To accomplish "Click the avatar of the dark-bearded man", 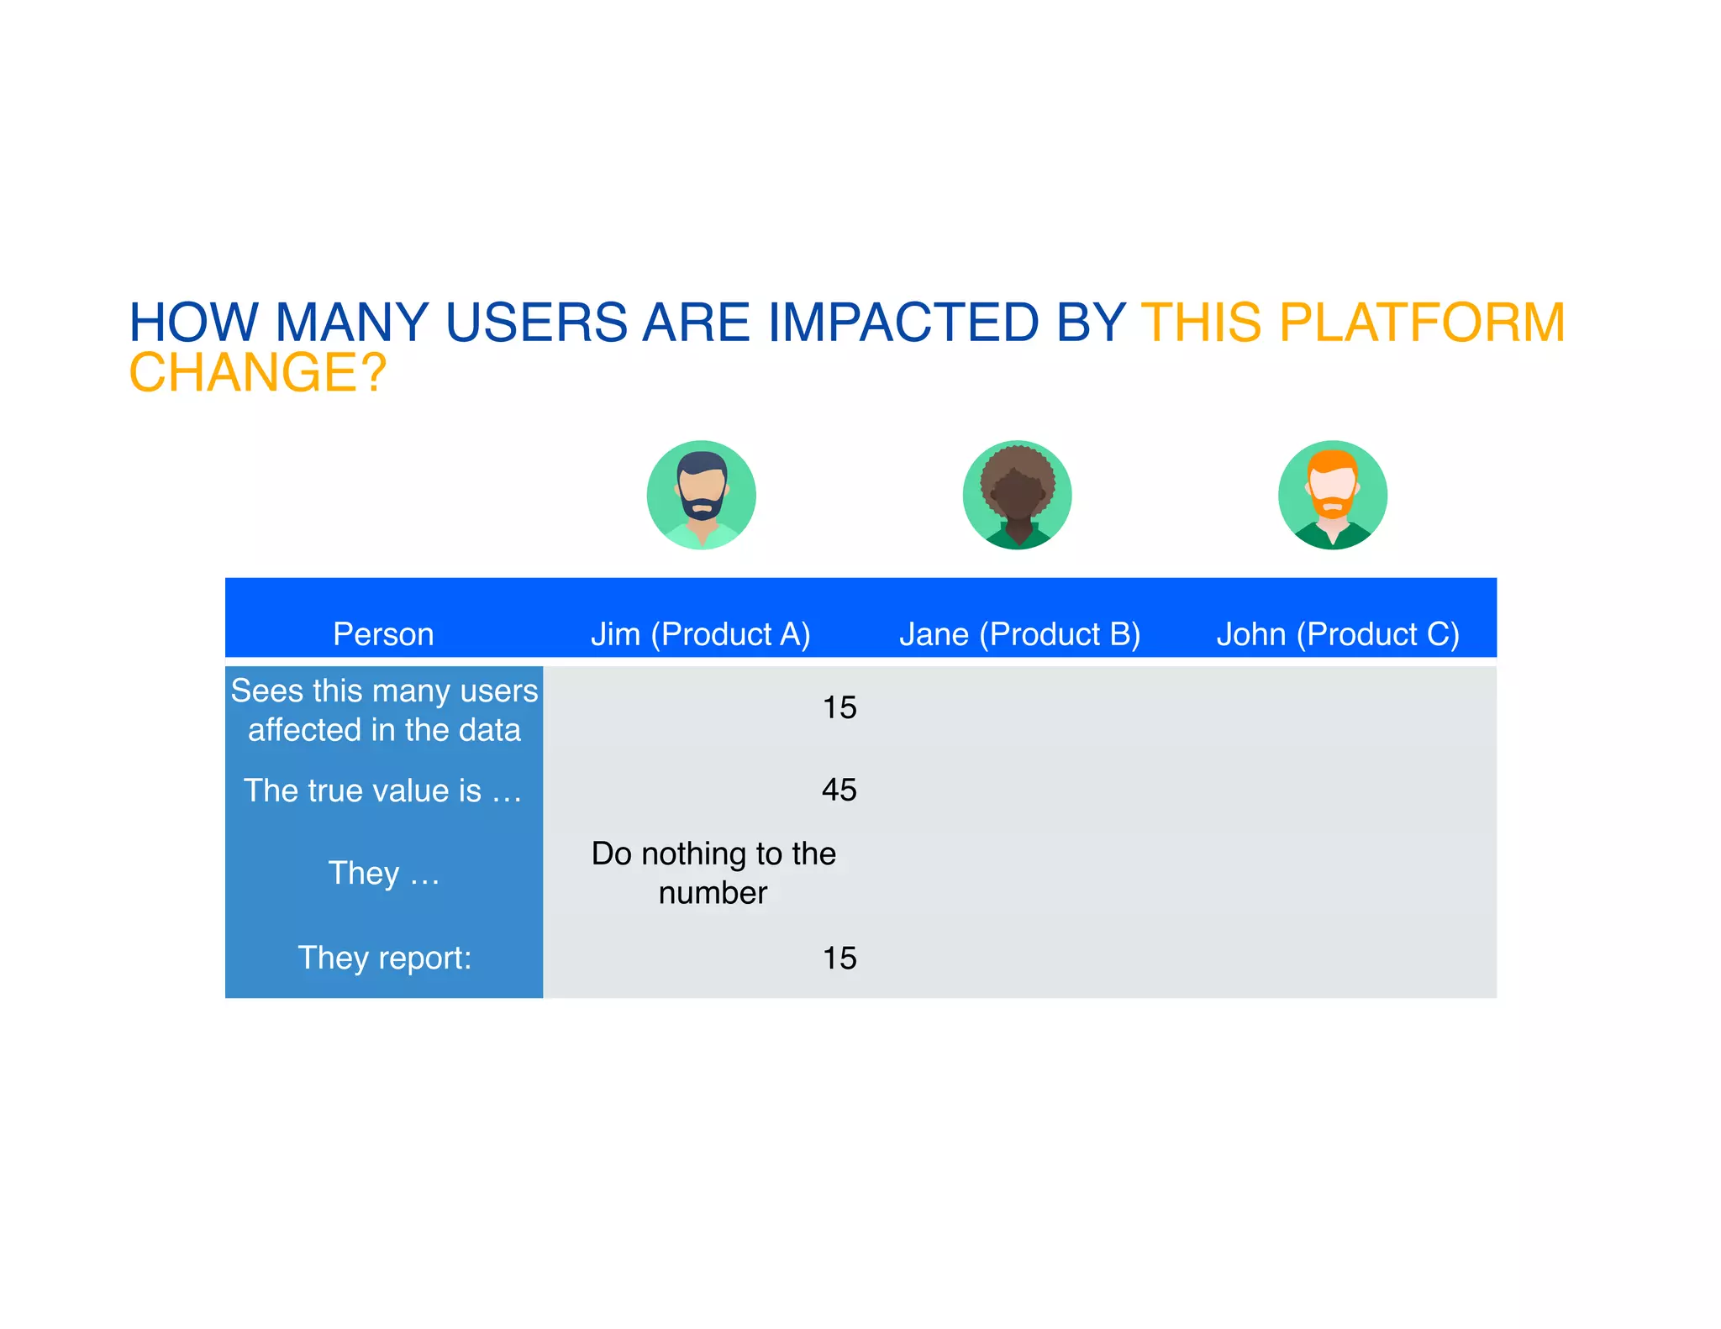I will pos(701,495).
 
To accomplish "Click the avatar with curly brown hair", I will pos(1017,495).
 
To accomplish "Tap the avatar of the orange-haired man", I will pos(1332,495).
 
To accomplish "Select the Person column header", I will pos(383,633).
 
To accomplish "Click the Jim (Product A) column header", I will pos(700,633).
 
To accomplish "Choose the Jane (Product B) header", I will pos(1019,633).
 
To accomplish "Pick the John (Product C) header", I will pos(1337,633).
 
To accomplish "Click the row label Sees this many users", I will pos(384,710).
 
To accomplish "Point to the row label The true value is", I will pos(383,791).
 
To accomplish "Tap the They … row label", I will pos(383,873).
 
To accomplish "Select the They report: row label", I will pos(384,958).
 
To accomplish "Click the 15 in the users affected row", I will pos(839,707).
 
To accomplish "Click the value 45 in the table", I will pos(839,790).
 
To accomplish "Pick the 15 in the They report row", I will pos(839,958).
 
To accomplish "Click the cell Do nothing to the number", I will pos(713,873).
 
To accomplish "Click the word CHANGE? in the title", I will pos(257,372).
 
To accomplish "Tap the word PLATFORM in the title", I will pos(1422,323).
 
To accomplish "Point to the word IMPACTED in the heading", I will pos(903,323).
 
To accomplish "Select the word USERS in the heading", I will pos(536,323).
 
